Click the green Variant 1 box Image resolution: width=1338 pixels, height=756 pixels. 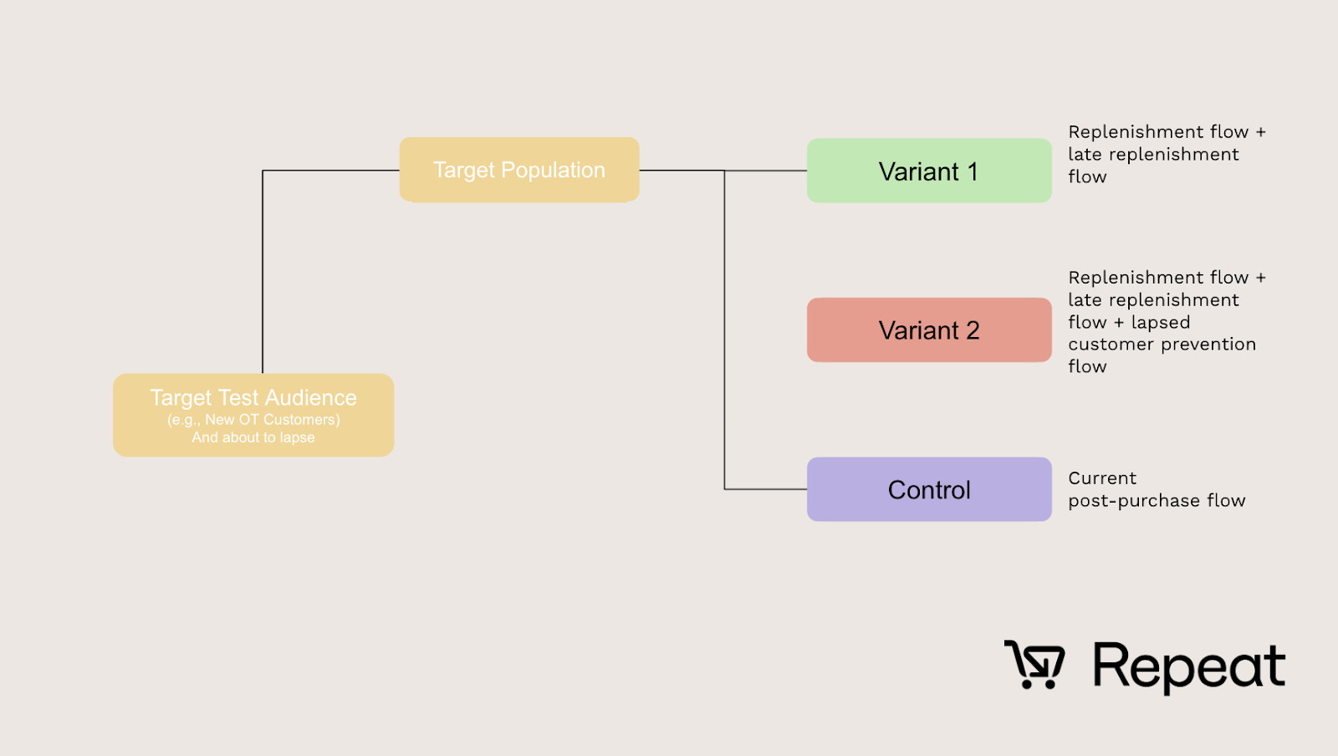[x=928, y=171]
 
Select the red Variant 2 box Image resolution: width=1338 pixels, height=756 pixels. [x=928, y=330]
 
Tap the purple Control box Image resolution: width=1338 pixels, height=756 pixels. [x=928, y=489]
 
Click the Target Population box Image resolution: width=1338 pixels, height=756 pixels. [x=518, y=170]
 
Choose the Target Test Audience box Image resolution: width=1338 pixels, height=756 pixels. [x=253, y=415]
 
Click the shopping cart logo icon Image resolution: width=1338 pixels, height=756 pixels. [x=1034, y=665]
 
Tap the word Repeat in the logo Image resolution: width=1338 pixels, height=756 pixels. [x=1188, y=667]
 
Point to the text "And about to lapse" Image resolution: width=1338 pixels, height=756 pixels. [x=253, y=437]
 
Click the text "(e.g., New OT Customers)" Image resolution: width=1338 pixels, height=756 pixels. [x=253, y=420]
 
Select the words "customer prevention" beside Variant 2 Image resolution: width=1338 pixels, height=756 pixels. [x=1162, y=345]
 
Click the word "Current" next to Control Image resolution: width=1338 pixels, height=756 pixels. [x=1102, y=478]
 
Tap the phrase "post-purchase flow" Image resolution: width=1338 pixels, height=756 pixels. [x=1157, y=501]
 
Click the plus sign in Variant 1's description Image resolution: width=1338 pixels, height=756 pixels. [x=1260, y=132]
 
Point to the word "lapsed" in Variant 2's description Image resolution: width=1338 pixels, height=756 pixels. [x=1160, y=323]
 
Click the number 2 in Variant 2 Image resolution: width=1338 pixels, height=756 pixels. [x=973, y=330]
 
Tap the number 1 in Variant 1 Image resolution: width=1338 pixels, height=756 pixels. [x=973, y=171]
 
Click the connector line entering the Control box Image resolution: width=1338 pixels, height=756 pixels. [x=765, y=489]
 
